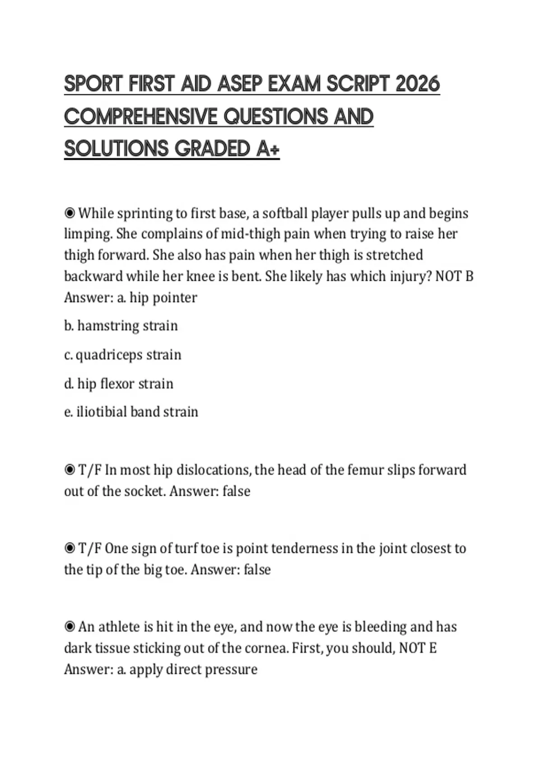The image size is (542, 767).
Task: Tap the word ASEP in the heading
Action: (x=238, y=84)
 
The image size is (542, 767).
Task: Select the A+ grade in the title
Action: (x=268, y=148)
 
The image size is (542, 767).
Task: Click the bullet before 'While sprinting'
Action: (x=70, y=213)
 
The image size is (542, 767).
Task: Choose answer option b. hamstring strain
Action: (x=121, y=326)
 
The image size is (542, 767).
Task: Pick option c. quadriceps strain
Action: (x=123, y=355)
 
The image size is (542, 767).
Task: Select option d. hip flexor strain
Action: (x=119, y=384)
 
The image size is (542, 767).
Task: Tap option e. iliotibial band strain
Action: (x=131, y=412)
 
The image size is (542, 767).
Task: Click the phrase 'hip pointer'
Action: (x=163, y=298)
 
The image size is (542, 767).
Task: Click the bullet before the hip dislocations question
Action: (x=70, y=470)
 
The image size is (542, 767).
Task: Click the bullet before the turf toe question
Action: (x=70, y=549)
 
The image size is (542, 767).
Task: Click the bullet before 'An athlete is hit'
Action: (x=70, y=627)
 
